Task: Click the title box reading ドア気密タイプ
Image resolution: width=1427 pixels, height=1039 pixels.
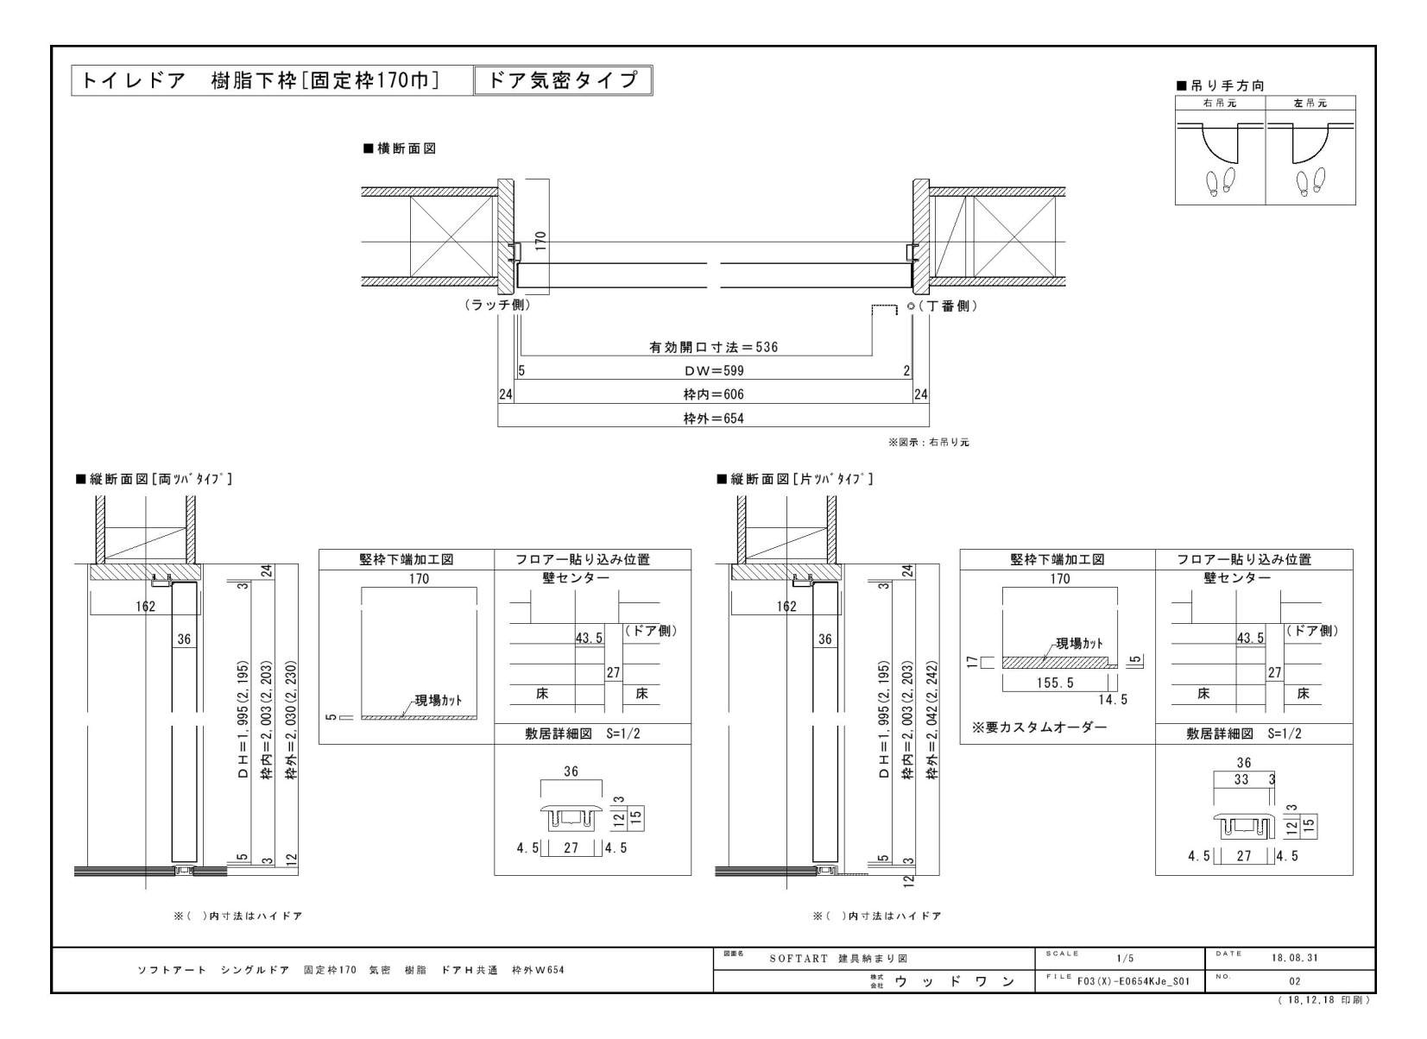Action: pyautogui.click(x=563, y=80)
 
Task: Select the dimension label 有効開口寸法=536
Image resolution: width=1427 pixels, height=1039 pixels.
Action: pyautogui.click(x=713, y=347)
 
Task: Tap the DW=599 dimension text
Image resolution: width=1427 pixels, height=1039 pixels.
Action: pyautogui.click(x=713, y=371)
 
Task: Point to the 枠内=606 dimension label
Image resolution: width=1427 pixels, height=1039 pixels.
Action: pyautogui.click(x=713, y=394)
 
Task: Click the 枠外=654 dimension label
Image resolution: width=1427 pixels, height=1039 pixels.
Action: pyautogui.click(x=713, y=419)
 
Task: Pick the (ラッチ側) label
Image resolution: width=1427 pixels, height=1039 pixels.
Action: pyautogui.click(x=496, y=305)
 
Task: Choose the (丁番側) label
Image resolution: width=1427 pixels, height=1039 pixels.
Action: pyautogui.click(x=948, y=306)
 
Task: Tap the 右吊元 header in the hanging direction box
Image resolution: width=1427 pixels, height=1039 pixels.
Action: pyautogui.click(x=1220, y=103)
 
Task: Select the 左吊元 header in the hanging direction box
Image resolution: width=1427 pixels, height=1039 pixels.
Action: pyautogui.click(x=1310, y=103)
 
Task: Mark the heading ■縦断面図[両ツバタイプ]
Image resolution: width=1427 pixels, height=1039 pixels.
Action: pyautogui.click(x=155, y=479)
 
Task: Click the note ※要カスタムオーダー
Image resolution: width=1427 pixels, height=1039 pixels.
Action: pyautogui.click(x=1039, y=727)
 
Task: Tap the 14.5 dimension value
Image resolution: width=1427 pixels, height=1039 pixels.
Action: pyautogui.click(x=1112, y=700)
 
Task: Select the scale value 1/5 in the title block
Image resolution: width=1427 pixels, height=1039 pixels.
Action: pyautogui.click(x=1125, y=958)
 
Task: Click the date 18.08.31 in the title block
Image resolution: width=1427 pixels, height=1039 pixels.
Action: pyautogui.click(x=1294, y=958)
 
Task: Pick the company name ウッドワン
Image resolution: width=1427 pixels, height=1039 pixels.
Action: pyautogui.click(x=953, y=981)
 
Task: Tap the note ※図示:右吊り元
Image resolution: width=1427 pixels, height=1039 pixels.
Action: pyautogui.click(x=929, y=442)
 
